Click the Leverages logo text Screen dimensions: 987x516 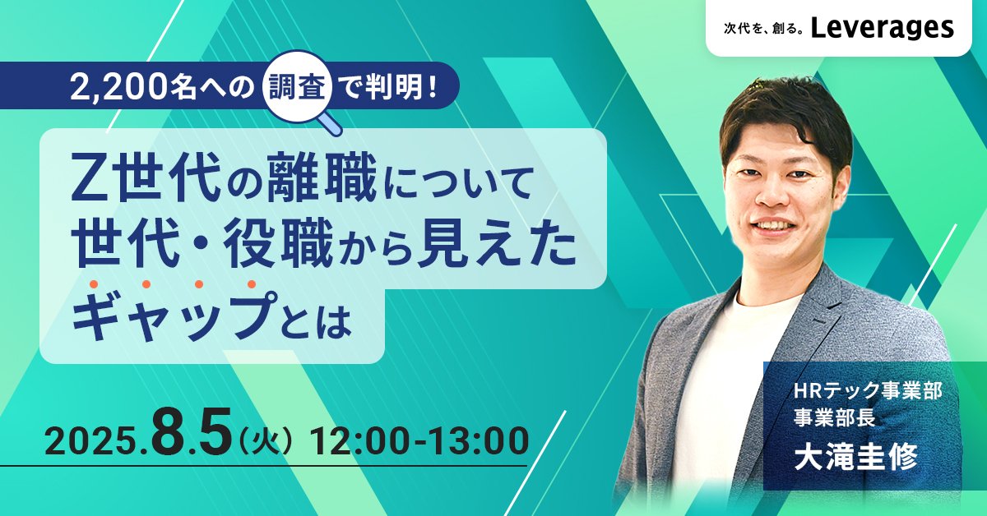[x=882, y=27]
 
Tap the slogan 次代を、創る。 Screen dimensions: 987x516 [x=762, y=30]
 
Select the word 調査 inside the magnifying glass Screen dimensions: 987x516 [x=298, y=84]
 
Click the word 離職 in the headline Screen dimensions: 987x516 [x=322, y=177]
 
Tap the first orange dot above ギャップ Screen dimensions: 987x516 [x=94, y=284]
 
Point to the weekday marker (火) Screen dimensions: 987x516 [x=264, y=440]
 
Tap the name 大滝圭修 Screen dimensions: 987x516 [x=855, y=457]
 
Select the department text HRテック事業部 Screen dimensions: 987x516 [x=867, y=391]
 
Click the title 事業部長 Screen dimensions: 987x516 [x=834, y=417]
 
